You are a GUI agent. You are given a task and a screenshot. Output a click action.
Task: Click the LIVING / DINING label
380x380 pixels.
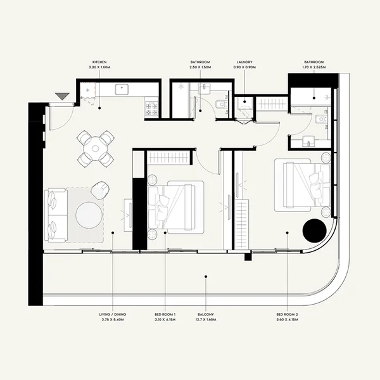point(112,314)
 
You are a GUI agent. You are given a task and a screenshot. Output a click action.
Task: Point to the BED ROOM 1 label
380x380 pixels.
point(165,314)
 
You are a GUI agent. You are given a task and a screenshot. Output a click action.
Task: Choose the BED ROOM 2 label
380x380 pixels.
point(287,314)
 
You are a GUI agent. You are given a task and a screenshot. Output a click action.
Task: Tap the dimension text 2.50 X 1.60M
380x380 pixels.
point(201,68)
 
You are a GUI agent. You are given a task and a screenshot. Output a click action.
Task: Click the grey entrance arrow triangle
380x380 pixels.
point(62,96)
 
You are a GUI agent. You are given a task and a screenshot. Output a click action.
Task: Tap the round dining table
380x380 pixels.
point(95,148)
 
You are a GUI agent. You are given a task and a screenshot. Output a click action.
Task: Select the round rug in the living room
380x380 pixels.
point(89,215)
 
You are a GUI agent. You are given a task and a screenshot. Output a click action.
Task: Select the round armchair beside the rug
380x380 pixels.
point(100,188)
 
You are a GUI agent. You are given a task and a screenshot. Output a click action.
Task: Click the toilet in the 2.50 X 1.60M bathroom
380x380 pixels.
point(218,106)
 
